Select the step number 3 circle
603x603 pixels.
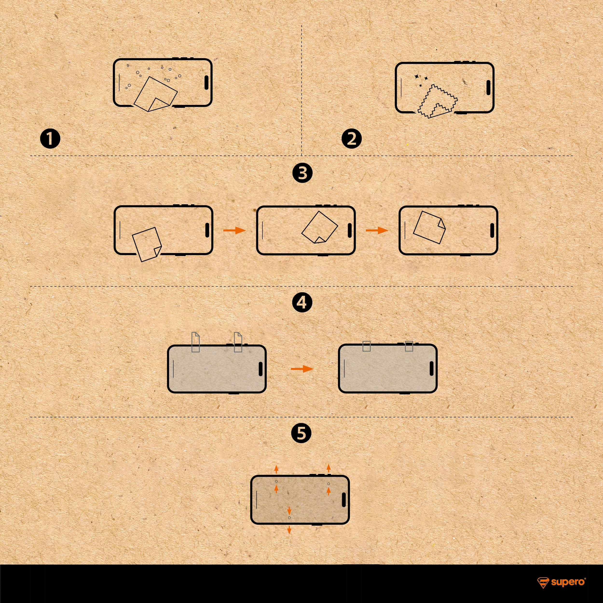point(302,173)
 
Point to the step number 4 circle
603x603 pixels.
point(302,303)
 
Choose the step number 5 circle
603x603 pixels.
point(301,433)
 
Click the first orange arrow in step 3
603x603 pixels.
point(235,230)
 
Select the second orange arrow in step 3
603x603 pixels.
point(377,230)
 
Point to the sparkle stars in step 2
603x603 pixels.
point(421,80)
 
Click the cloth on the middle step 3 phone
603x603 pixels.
point(320,227)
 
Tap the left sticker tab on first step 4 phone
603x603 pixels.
point(195,342)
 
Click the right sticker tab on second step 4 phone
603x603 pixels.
point(409,346)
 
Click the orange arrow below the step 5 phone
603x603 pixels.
point(289,530)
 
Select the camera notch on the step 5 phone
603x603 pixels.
point(344,500)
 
